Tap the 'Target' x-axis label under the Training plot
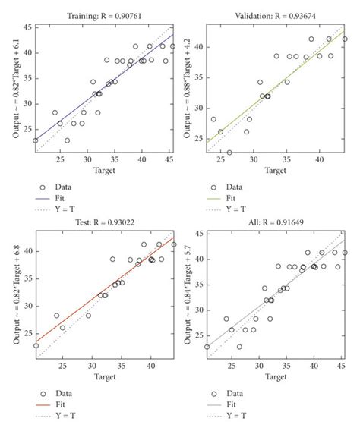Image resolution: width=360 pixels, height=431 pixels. (x=104, y=171)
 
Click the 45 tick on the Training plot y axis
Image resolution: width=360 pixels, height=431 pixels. (x=27, y=27)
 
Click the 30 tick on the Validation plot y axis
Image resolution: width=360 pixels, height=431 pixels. (x=199, y=107)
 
